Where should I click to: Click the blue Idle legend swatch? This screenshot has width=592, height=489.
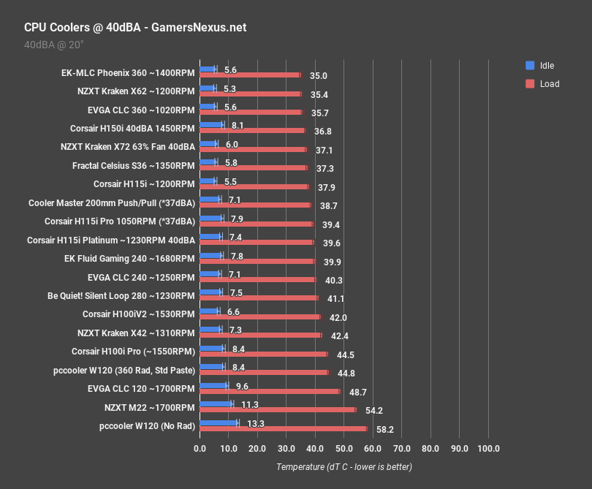pyautogui.click(x=530, y=65)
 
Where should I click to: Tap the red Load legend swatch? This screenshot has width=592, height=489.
pyautogui.click(x=530, y=83)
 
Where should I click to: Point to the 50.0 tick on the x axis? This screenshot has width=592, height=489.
pyautogui.click(x=344, y=448)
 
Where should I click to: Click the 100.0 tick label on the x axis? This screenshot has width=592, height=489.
pyautogui.click(x=487, y=448)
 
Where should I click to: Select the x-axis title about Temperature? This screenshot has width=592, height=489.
pyautogui.click(x=344, y=466)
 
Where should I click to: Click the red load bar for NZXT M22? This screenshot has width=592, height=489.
pyautogui.click(x=278, y=409)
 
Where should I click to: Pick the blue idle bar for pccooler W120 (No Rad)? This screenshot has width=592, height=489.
pyautogui.click(x=219, y=422)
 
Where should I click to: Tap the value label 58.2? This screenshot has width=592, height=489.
pyautogui.click(x=384, y=430)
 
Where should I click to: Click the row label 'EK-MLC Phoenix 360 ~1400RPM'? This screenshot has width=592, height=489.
pyautogui.click(x=129, y=73)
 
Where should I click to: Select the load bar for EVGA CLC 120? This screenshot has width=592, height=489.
pyautogui.click(x=270, y=391)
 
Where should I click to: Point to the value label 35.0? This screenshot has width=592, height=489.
pyautogui.click(x=318, y=75)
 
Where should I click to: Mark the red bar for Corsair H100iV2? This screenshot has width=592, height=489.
pyautogui.click(x=260, y=316)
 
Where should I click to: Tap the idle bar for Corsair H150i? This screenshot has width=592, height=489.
pyautogui.click(x=211, y=125)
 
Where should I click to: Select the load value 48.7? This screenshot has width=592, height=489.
pyautogui.click(x=357, y=393)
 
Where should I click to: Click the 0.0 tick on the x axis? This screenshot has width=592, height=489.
pyautogui.click(x=200, y=448)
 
